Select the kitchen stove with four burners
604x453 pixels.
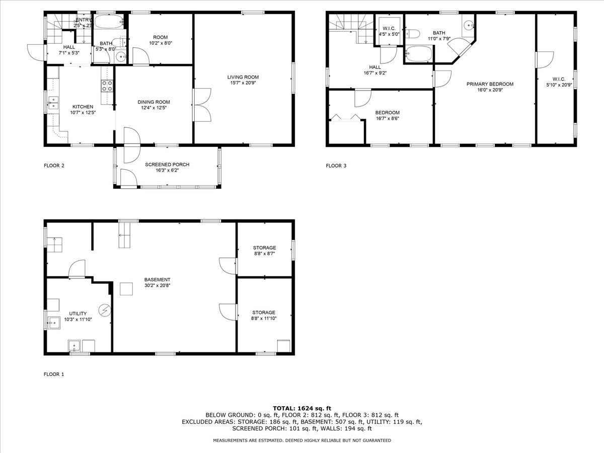[107, 86]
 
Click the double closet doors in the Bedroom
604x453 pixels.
[347, 118]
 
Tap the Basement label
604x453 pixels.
[157, 280]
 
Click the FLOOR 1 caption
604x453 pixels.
[54, 374]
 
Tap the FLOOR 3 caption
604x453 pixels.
[336, 166]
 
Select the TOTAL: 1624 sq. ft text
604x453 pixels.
[301, 408]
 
